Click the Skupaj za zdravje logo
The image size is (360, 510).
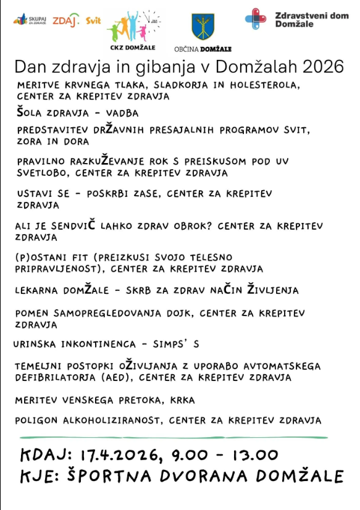point(30,20)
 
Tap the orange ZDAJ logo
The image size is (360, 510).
point(65,20)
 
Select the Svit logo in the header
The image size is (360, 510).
point(93,20)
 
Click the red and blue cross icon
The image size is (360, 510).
point(256,19)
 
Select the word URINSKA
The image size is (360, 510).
point(35,343)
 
